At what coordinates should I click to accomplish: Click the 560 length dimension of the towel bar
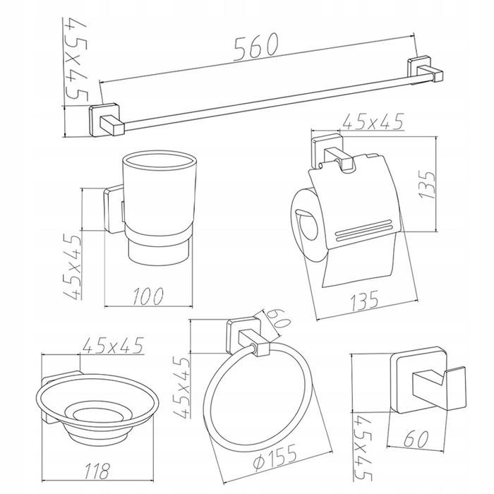[257, 47]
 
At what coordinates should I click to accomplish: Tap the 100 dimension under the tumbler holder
[148, 296]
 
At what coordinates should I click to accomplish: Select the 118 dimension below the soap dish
[98, 471]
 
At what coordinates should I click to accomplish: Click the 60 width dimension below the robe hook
[416, 439]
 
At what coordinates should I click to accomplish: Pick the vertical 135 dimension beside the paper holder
[428, 185]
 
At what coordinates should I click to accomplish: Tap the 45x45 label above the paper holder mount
[373, 122]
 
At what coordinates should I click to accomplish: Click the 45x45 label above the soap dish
[113, 346]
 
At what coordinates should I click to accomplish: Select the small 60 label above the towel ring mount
[275, 320]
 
